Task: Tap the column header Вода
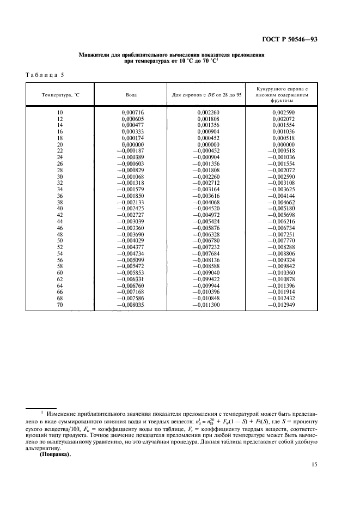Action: [131, 95]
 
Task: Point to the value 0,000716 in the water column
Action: [131, 112]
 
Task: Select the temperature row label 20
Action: [60, 144]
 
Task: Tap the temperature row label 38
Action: [60, 202]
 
